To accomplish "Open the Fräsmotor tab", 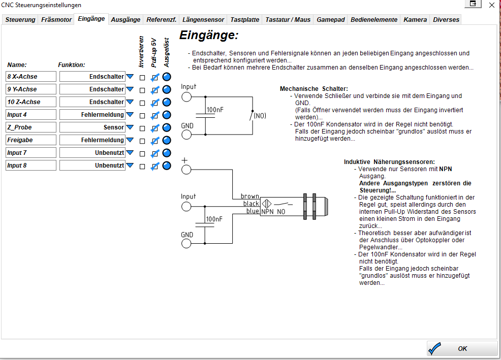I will [x=56, y=20].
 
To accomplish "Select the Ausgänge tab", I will [x=126, y=20].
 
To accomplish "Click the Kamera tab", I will [x=415, y=20].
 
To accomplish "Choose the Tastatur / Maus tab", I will [x=288, y=20].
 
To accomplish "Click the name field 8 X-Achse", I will [x=31, y=77].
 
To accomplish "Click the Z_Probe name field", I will [x=31, y=127].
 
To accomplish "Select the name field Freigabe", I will [x=31, y=140].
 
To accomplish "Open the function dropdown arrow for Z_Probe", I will [x=130, y=127].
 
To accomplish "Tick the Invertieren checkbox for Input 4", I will [x=143, y=115].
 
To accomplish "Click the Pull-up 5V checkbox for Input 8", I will [x=155, y=166].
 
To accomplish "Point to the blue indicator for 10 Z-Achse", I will [x=167, y=102].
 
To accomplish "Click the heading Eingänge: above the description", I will [x=209, y=36].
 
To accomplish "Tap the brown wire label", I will [x=250, y=196].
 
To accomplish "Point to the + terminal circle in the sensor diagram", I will [x=186, y=170].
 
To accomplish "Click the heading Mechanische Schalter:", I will [x=314, y=89].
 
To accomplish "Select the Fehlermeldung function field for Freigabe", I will [x=92, y=140].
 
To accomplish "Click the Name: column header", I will [x=17, y=65].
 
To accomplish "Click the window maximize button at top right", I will [x=473, y=4].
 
